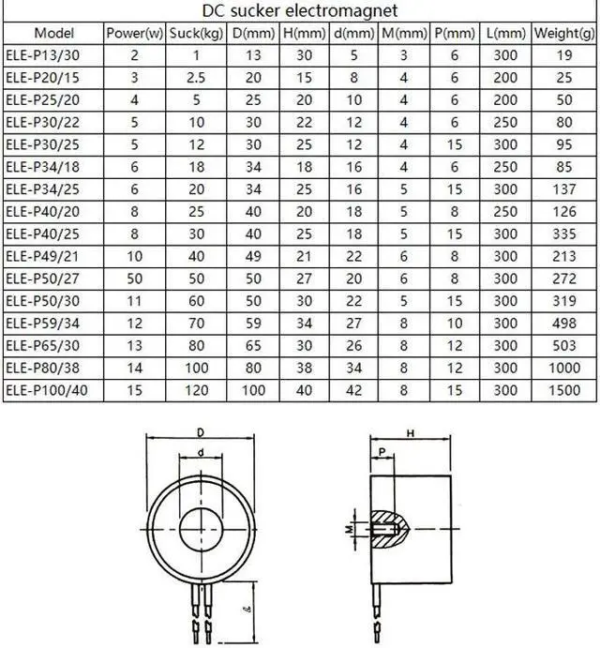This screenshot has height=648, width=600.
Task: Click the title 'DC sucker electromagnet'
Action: [300, 10]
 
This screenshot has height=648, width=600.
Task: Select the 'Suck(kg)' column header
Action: [196, 33]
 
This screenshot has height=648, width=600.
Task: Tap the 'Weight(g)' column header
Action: [564, 33]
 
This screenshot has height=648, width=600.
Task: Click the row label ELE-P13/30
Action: [42, 55]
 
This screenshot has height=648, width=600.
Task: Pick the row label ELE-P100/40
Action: [47, 390]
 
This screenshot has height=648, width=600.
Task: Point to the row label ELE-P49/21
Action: [42, 256]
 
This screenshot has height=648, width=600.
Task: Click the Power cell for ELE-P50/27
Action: [134, 279]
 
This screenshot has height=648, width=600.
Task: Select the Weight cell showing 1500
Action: [564, 390]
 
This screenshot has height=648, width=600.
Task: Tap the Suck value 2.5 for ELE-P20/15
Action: [196, 78]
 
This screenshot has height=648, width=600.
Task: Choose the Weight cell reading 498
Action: [564, 324]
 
